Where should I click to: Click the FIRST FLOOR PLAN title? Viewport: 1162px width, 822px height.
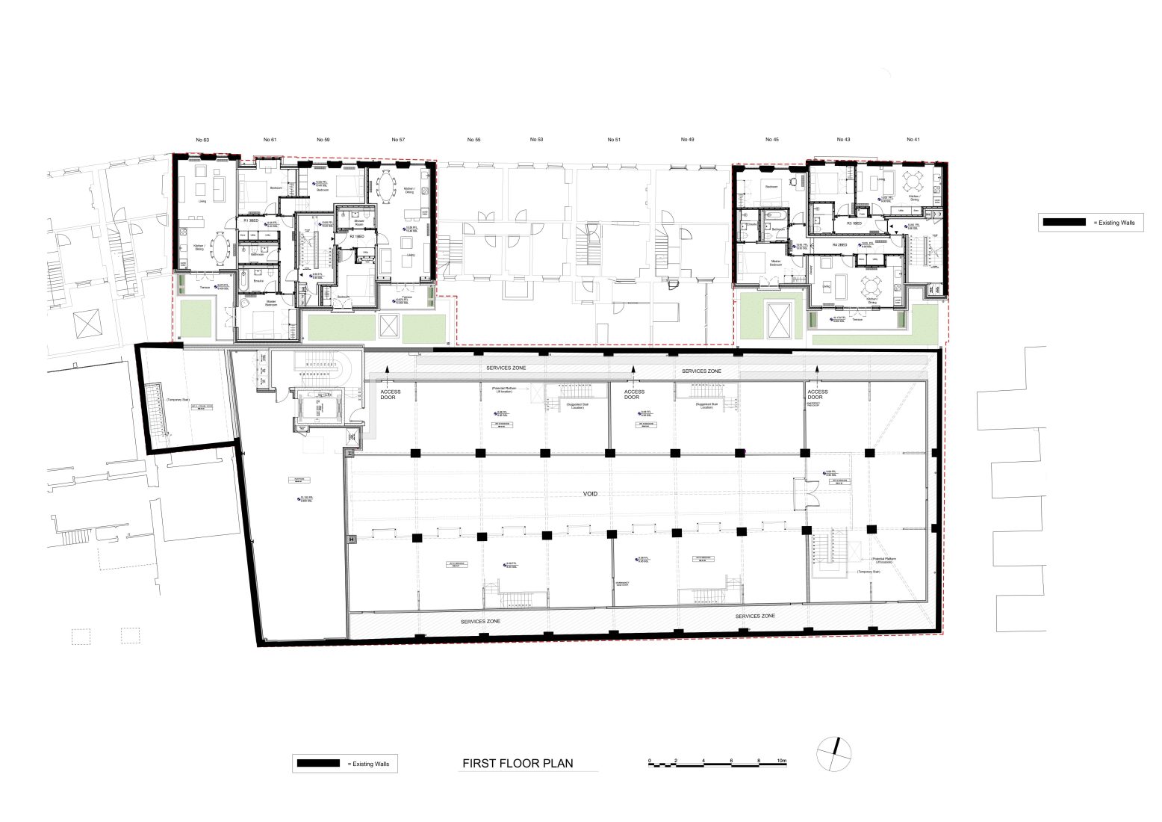(x=518, y=763)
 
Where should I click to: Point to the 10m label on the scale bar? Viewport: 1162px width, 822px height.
(x=782, y=760)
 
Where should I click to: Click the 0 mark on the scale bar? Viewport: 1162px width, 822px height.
(x=650, y=760)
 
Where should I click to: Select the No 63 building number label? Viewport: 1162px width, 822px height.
(x=202, y=140)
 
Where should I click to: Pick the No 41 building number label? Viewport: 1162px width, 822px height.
(x=913, y=140)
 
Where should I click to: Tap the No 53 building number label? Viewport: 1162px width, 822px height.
(x=536, y=140)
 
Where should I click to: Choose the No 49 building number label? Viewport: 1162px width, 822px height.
(x=687, y=140)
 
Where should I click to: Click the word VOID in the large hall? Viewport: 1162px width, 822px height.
(x=591, y=494)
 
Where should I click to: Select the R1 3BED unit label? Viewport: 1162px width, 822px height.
(x=251, y=221)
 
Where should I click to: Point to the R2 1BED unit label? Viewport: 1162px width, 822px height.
(x=346, y=236)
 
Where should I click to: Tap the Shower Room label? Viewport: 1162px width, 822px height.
(x=358, y=222)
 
